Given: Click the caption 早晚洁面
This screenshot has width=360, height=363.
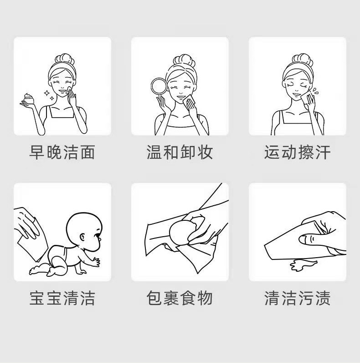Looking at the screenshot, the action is [x=62, y=152].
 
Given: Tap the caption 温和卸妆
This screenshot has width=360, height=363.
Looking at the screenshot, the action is [x=180, y=152].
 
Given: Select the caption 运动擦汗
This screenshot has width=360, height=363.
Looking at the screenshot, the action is [x=297, y=152].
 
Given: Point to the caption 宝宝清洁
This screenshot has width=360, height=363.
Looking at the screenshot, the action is [x=62, y=298].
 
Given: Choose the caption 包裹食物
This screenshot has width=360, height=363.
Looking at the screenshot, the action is [x=180, y=298].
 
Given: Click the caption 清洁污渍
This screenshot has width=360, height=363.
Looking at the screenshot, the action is [x=297, y=298].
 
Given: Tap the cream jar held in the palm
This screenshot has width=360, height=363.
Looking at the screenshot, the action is [x=29, y=99].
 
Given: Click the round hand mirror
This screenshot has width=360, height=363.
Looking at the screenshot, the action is [x=159, y=86].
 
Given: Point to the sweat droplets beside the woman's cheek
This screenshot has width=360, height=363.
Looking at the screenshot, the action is [x=315, y=91].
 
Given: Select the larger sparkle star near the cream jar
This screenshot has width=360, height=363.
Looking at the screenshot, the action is [x=47, y=93].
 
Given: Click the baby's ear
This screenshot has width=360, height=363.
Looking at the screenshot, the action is [x=82, y=237].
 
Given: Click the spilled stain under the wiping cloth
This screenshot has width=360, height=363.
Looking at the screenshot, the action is [x=303, y=264].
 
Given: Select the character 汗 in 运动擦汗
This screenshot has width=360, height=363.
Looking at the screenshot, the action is [x=322, y=152].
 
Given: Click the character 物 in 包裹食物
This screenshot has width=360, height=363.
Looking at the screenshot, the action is [x=205, y=298].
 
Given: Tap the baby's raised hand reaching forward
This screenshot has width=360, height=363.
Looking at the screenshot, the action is [x=95, y=262].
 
